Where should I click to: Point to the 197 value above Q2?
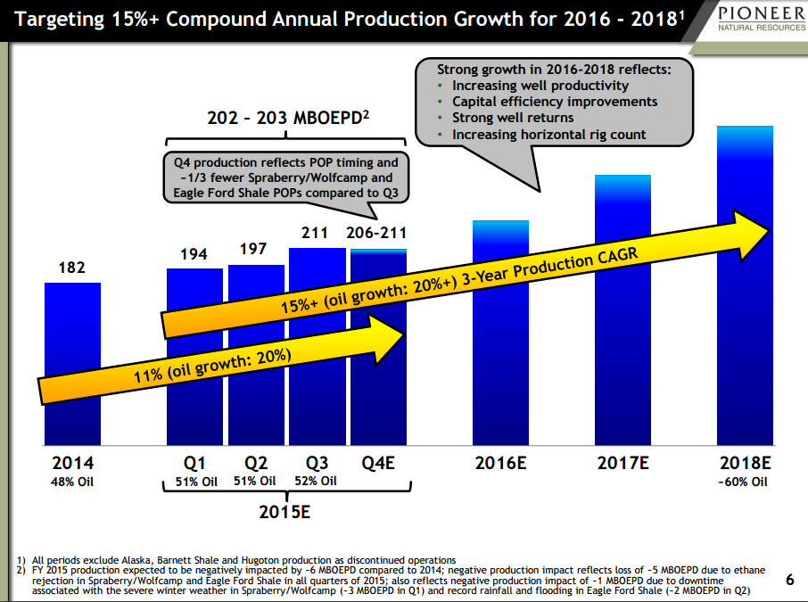(253, 249)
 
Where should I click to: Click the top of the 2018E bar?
(745, 129)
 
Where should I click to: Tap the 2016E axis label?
(500, 464)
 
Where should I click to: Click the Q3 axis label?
(317, 464)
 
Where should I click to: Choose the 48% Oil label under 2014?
(72, 482)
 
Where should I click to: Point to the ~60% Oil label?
(744, 482)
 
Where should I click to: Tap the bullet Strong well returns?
(513, 118)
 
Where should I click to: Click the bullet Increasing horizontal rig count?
(548, 135)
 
